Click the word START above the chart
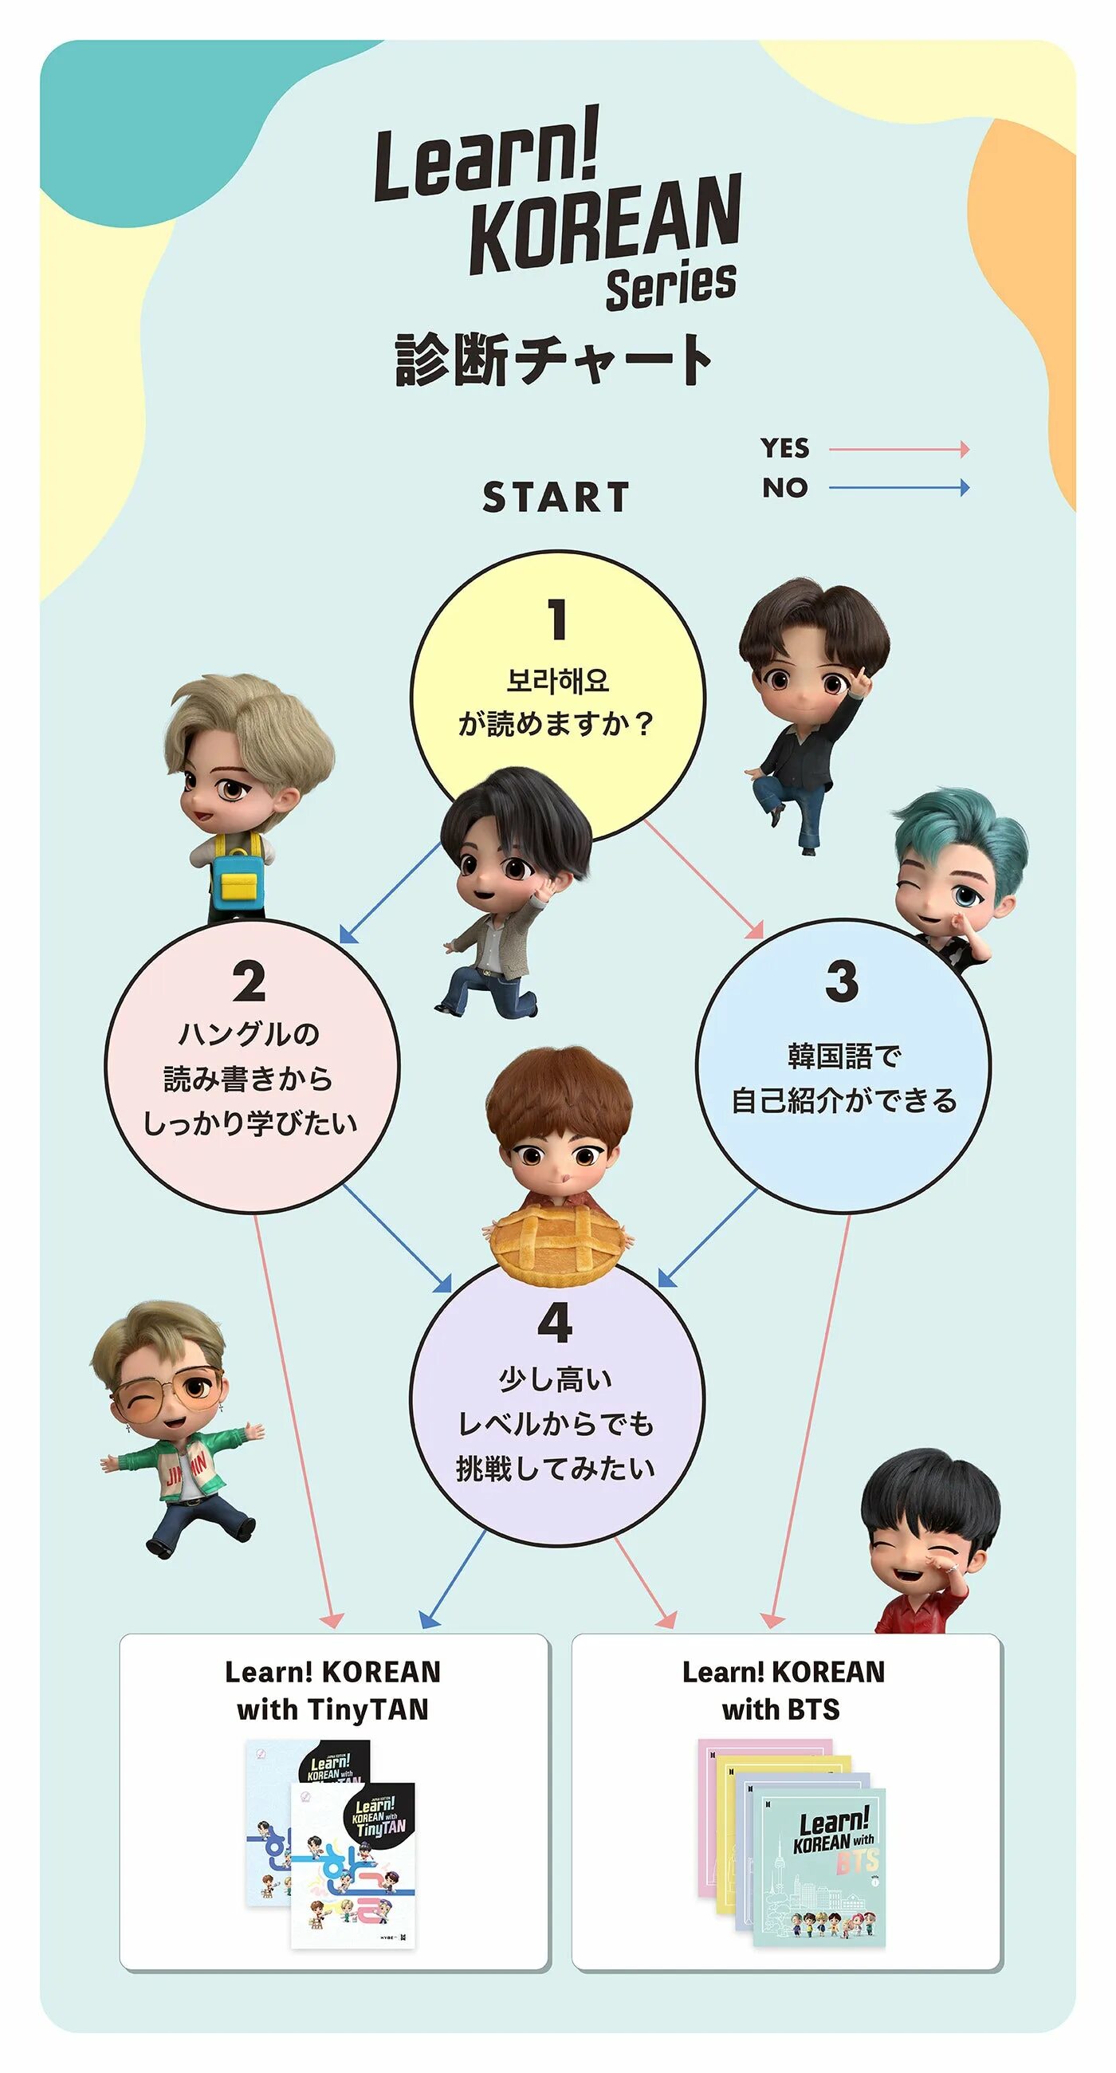click(x=555, y=498)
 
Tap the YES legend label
click(x=784, y=448)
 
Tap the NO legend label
click(x=784, y=488)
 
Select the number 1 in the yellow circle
click(x=556, y=620)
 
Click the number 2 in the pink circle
click(x=249, y=981)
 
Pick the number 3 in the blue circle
click(x=842, y=981)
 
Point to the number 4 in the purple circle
click(x=555, y=1323)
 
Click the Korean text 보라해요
click(x=556, y=681)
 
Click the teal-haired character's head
click(x=957, y=861)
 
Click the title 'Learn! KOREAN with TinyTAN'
click(x=333, y=1690)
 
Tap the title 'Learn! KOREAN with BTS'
click(x=783, y=1690)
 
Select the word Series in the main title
click(x=671, y=285)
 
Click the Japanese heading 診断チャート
click(x=553, y=360)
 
